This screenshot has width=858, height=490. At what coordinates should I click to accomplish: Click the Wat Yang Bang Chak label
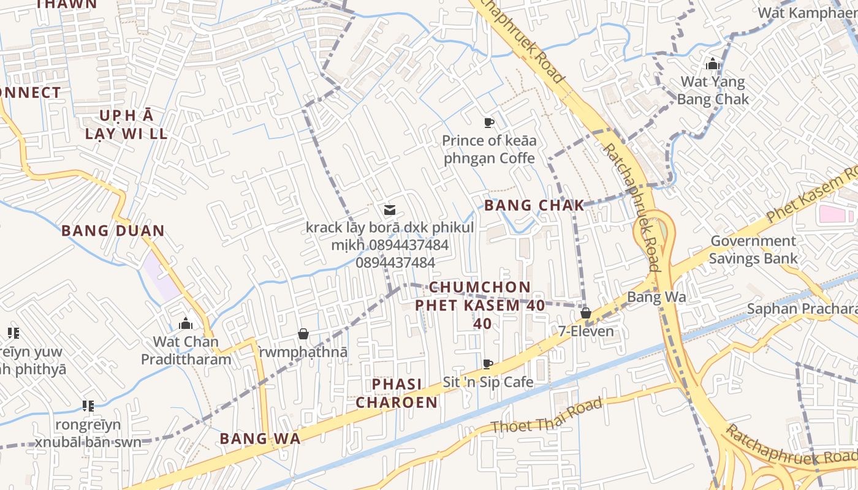[x=713, y=90]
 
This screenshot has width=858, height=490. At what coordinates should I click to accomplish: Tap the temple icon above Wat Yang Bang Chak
[x=712, y=64]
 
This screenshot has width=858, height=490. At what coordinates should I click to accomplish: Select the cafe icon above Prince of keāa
[x=488, y=123]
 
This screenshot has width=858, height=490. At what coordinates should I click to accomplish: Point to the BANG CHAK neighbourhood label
[x=534, y=206]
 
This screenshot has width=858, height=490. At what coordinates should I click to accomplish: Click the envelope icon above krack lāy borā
[x=389, y=210]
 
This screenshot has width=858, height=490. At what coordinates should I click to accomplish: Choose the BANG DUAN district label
[x=113, y=231]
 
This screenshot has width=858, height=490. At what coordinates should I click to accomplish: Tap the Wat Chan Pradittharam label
[x=186, y=350]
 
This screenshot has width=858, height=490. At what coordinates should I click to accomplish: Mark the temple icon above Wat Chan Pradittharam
[x=185, y=323]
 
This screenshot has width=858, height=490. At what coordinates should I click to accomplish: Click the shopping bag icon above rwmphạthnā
[x=303, y=334]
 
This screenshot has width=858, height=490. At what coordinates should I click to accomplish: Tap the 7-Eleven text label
[x=585, y=331]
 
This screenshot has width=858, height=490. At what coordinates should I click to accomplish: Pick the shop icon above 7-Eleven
[x=585, y=313]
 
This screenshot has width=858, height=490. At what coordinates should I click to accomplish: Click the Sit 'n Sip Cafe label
[x=488, y=382]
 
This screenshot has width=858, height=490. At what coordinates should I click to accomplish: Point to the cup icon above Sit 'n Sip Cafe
[x=488, y=364]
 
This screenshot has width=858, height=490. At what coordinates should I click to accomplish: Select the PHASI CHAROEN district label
[x=397, y=393]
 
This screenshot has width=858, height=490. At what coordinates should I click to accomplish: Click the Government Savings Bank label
[x=753, y=249]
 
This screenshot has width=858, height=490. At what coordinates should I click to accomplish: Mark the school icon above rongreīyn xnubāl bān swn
[x=88, y=405]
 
